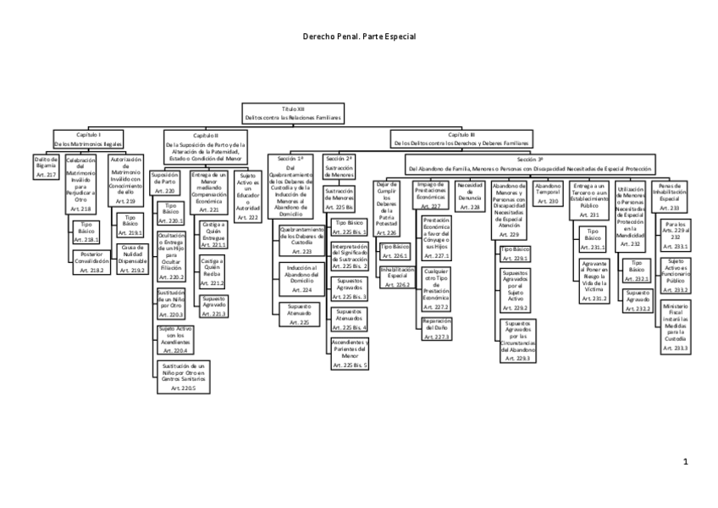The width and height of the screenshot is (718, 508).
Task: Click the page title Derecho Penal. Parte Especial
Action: (358, 37)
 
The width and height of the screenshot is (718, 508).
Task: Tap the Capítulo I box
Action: (89, 139)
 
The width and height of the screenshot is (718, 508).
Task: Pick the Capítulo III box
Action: (462, 139)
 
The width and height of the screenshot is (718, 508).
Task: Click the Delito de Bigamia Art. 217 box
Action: (46, 165)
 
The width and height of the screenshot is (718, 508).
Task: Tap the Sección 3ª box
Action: (530, 163)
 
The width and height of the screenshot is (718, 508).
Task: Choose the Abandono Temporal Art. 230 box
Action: (549, 193)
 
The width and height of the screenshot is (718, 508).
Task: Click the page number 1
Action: (685, 461)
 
